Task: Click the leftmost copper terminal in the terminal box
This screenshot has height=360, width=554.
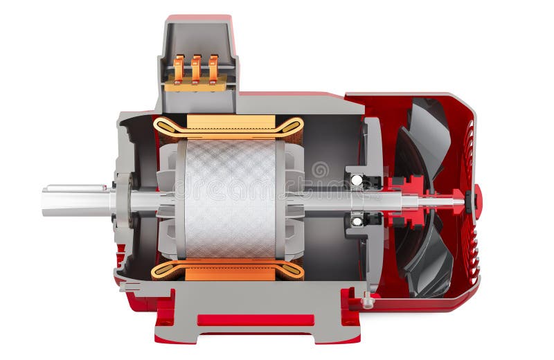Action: point(179,69)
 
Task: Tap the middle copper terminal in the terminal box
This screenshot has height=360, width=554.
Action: point(196,69)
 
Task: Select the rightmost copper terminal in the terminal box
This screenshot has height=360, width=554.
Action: point(213,69)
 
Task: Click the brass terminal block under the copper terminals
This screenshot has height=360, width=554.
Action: point(195,84)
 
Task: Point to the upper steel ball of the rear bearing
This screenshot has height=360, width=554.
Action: point(357,180)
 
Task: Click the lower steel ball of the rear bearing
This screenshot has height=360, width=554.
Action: point(357,222)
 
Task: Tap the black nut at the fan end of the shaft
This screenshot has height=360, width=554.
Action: point(470,201)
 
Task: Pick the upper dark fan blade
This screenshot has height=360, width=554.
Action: point(426,138)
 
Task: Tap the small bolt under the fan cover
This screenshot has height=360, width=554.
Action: point(368,302)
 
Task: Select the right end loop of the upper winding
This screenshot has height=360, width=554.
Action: point(293,127)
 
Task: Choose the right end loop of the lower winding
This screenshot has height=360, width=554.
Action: point(292,270)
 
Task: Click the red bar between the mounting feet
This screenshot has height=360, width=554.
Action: point(256,320)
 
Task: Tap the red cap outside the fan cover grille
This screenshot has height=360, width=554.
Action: point(479,201)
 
